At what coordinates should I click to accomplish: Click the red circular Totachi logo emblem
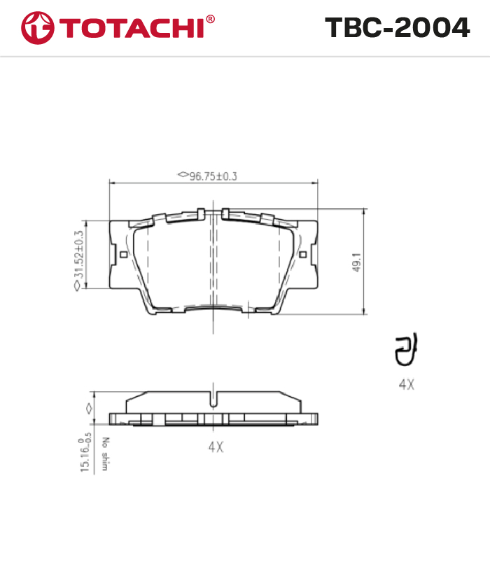click(x=38, y=28)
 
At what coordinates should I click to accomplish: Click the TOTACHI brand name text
click(x=131, y=28)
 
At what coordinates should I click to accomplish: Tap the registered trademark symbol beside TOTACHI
click(x=210, y=19)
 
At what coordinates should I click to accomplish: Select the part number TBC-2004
click(x=397, y=27)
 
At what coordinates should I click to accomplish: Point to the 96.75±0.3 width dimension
click(x=213, y=176)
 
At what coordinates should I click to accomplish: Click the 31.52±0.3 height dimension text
click(x=78, y=254)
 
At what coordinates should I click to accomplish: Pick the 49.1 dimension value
click(x=357, y=262)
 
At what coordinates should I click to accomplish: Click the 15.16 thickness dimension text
click(x=85, y=453)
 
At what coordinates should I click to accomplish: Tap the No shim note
click(x=105, y=454)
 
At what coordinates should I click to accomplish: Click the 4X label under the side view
click(x=216, y=447)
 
